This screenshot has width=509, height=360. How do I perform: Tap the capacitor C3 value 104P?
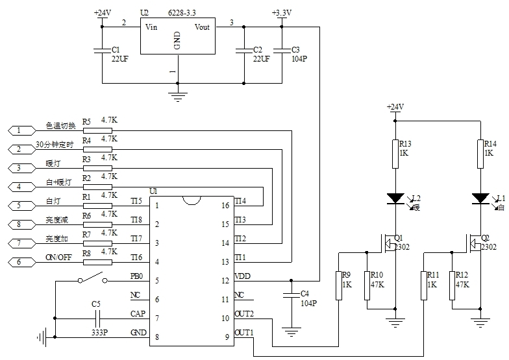coord(299,58)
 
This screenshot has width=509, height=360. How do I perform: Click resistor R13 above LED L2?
coord(395,153)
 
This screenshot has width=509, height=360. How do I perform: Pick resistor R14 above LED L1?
coord(480,153)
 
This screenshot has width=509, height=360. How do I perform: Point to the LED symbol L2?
coord(395,197)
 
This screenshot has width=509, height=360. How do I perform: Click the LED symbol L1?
coord(480,197)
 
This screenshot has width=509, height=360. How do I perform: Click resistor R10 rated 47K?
coord(367,285)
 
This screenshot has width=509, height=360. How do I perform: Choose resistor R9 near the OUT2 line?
coord(338,285)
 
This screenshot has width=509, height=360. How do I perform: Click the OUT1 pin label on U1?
coord(243,333)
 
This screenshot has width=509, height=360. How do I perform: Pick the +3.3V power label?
coord(284,12)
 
